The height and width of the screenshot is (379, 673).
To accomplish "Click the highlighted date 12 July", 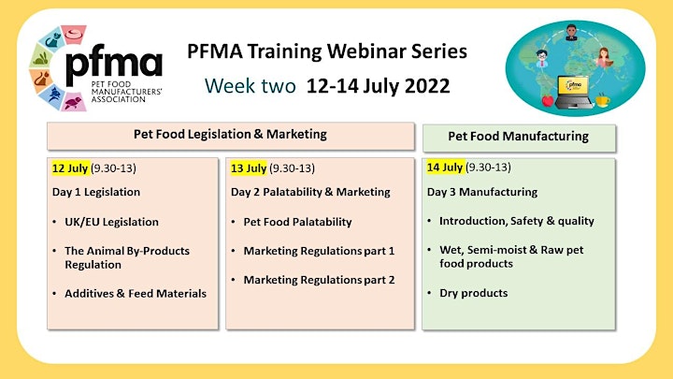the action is pyautogui.click(x=70, y=168).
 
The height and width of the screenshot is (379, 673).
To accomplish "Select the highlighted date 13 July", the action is pyautogui.click(x=249, y=168).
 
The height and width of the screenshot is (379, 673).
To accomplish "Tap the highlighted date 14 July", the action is pyautogui.click(x=445, y=167).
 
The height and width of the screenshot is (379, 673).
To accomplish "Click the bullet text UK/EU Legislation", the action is pyautogui.click(x=111, y=222).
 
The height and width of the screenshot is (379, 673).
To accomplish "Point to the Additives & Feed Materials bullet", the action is pyautogui.click(x=136, y=294).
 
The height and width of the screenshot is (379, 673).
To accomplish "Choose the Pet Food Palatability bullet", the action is pyautogui.click(x=297, y=222).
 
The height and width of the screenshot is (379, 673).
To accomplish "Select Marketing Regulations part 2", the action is pyautogui.click(x=319, y=280).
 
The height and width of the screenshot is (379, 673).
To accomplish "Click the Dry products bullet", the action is pyautogui.click(x=473, y=293).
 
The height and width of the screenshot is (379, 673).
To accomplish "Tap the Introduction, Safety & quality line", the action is pyautogui.click(x=517, y=221).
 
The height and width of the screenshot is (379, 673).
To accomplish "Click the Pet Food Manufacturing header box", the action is pyautogui.click(x=519, y=138).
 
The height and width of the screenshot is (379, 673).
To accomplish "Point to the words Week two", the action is pyautogui.click(x=251, y=85).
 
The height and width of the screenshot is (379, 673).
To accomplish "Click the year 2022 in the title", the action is pyautogui.click(x=427, y=85).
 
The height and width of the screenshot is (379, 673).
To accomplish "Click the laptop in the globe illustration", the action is pyautogui.click(x=574, y=92).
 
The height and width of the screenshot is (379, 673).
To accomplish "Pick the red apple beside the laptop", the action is pyautogui.click(x=548, y=100).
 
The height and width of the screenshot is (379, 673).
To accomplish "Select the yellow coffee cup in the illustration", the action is pyautogui.click(x=602, y=100).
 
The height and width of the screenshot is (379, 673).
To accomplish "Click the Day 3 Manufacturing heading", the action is pyautogui.click(x=482, y=192).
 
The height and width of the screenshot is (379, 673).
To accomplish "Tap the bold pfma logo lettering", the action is pyautogui.click(x=114, y=64).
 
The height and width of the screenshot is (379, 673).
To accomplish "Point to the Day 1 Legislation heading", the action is pyautogui.click(x=96, y=192).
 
